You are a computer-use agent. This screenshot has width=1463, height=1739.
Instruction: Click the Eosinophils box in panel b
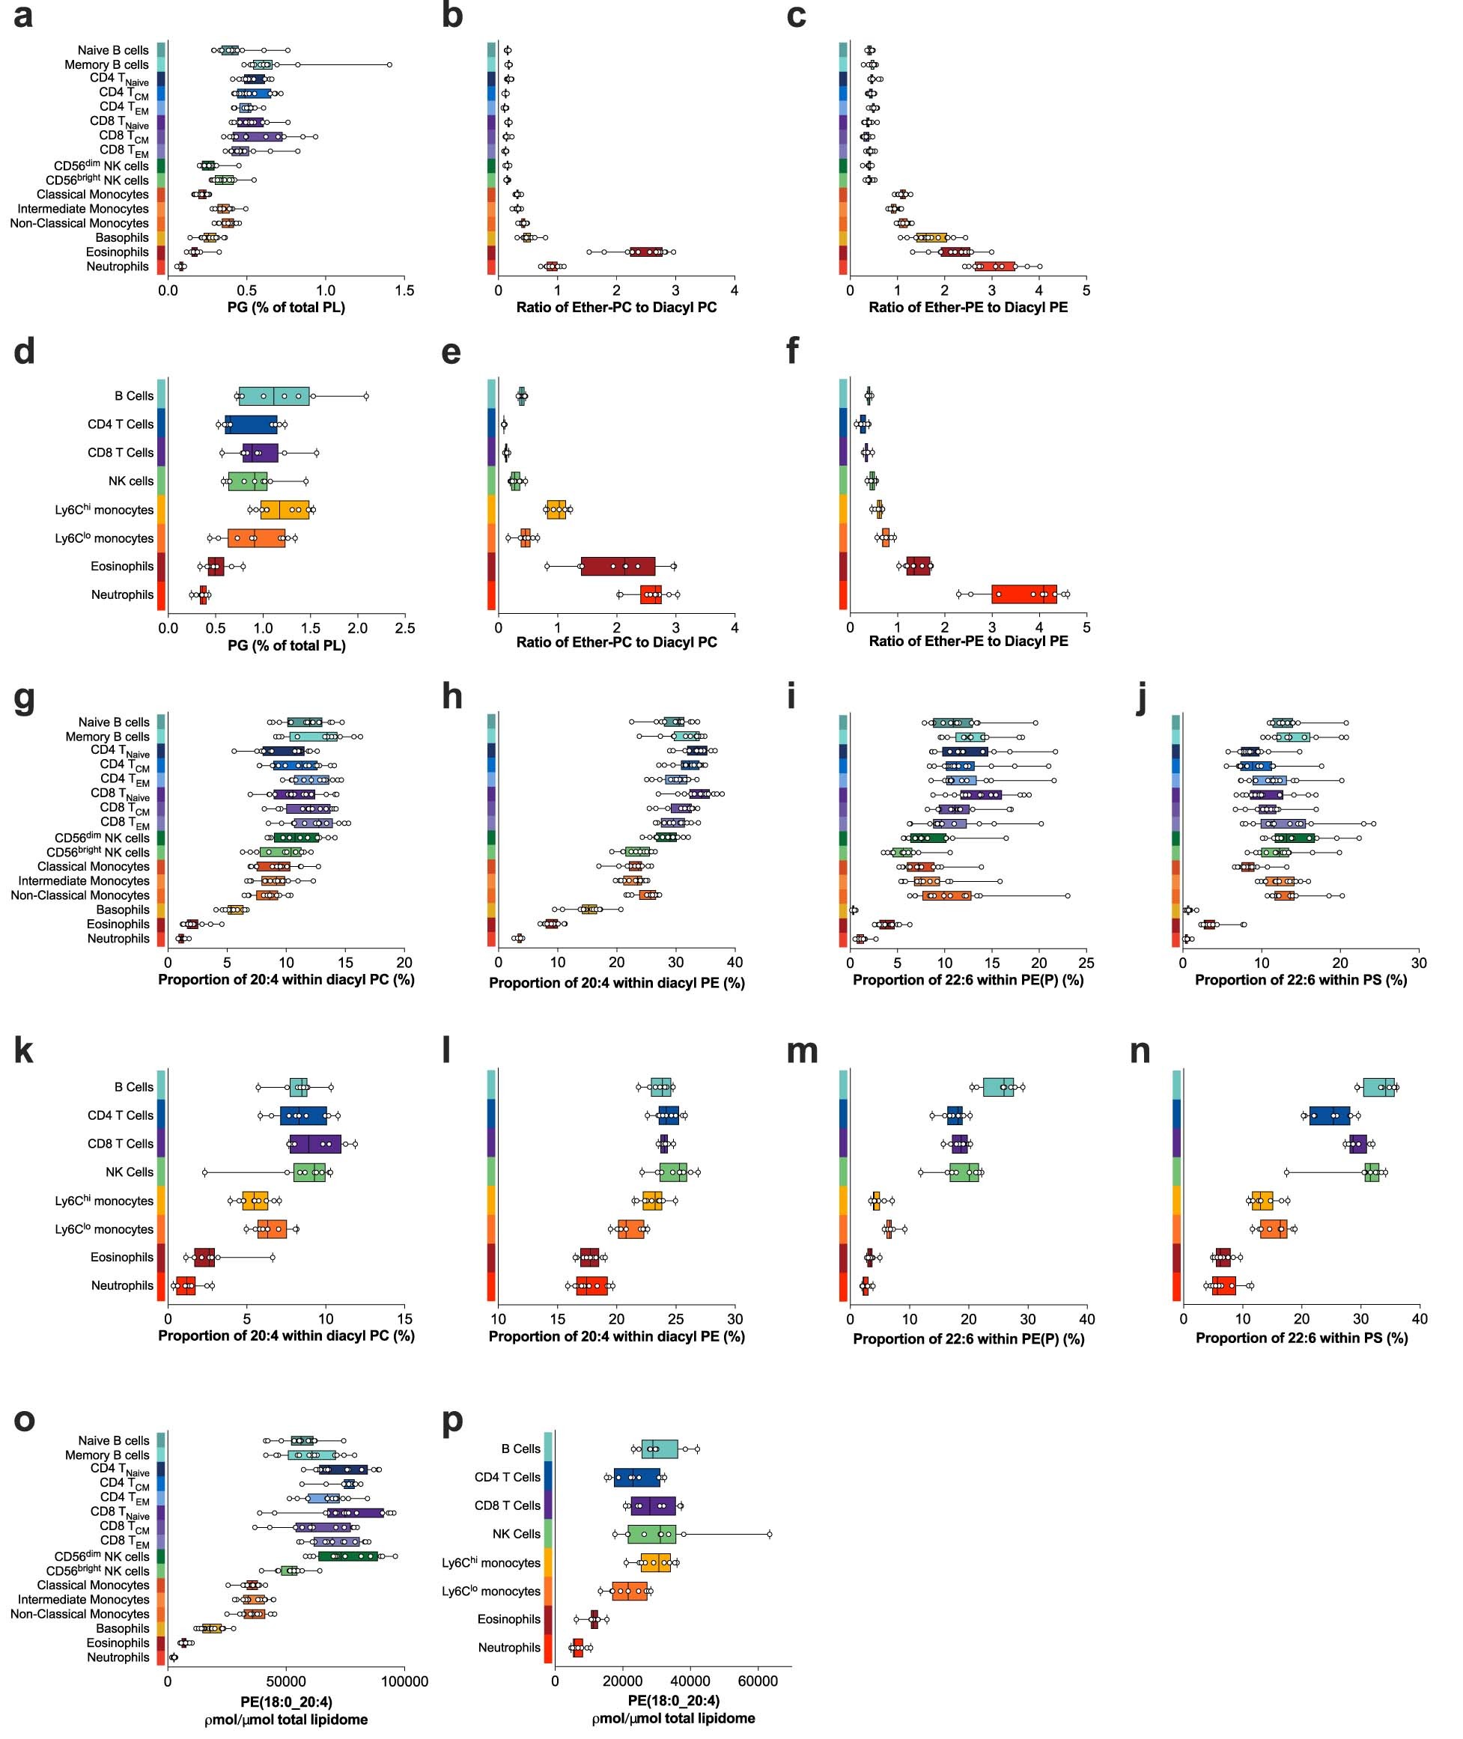coord(645,252)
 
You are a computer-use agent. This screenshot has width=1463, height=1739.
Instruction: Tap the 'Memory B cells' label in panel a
coord(106,64)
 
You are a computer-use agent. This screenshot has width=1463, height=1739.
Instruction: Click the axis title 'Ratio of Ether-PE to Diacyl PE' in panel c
coord(968,308)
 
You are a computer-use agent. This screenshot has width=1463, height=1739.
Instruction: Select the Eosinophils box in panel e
coord(618,566)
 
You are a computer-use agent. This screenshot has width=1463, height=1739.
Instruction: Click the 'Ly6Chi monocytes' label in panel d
coord(105,509)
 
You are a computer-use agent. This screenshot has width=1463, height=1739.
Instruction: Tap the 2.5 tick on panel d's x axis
coord(405,630)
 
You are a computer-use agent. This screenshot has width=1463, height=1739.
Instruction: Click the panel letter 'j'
coord(1141,697)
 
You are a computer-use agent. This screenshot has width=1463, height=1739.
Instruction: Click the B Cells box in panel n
coord(1378,1086)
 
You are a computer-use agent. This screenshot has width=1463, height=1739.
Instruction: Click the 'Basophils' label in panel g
coord(123,910)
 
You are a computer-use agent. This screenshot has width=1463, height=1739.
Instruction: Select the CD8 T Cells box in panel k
coord(314,1144)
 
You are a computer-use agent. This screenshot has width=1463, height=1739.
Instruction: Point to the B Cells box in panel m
coord(998,1086)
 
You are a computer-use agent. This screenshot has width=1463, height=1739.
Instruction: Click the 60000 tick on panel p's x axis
coord(758,1683)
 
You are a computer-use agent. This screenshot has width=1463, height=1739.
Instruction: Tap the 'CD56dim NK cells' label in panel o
coord(102,1556)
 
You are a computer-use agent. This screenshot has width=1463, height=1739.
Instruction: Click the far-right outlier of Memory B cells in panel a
coord(389,64)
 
